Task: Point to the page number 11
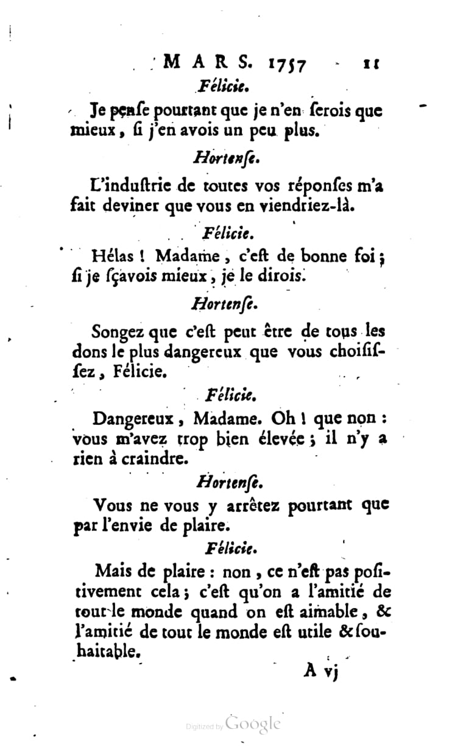tap(370, 62)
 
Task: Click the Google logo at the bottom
tap(253, 723)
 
